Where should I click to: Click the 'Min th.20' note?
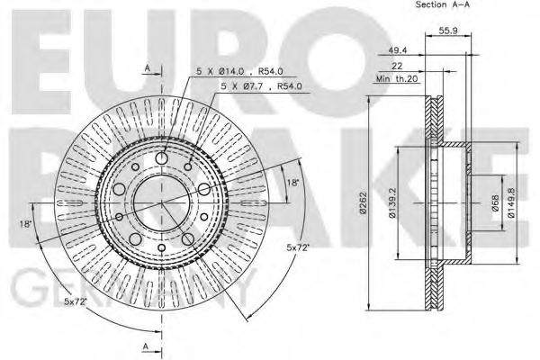400,80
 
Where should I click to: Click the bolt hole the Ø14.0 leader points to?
162,159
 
